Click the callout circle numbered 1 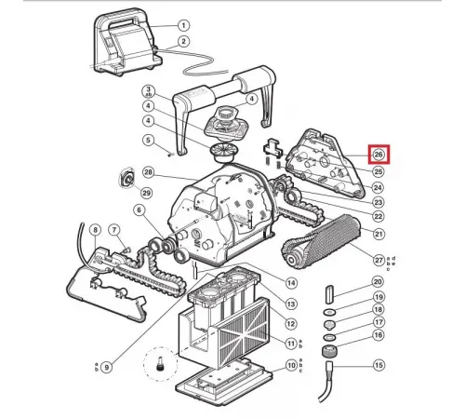(183, 25)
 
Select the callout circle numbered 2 (183, 41)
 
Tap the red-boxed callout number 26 (379, 155)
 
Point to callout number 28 (149, 172)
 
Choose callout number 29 (147, 193)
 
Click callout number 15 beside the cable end (379, 365)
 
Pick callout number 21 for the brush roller (379, 234)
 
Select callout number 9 (107, 368)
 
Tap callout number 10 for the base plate (291, 365)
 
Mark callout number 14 (291, 283)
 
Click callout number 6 (139, 210)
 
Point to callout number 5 (149, 141)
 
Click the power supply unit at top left (127, 43)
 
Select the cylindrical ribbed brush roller (322, 241)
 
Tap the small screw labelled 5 (170, 155)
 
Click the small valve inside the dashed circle (161, 363)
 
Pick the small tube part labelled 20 (328, 294)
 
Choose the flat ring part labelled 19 (329, 312)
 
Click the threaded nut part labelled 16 (328, 351)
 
